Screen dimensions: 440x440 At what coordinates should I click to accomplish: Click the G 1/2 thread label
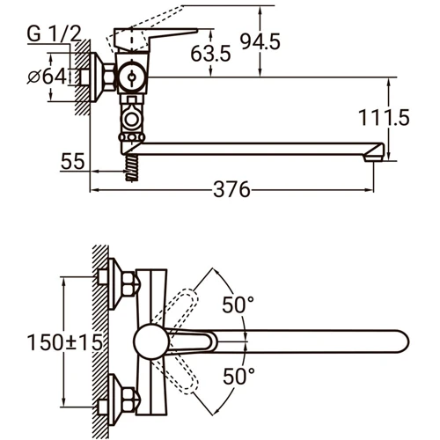[x=54, y=34]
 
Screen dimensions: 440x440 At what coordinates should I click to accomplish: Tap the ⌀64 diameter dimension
[x=48, y=77]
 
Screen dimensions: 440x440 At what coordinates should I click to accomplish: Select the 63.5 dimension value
[x=210, y=54]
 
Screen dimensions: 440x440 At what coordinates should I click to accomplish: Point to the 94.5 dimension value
[x=260, y=41]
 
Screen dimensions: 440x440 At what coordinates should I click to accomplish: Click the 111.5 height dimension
[x=384, y=118]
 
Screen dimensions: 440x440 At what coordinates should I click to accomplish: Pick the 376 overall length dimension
[x=231, y=190]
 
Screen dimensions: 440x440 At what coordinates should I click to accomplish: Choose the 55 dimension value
[x=73, y=161]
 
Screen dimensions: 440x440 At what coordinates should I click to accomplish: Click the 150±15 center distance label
[x=65, y=342]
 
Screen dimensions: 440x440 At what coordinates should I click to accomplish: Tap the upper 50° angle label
[x=238, y=304]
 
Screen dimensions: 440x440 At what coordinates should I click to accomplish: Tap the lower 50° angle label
[x=238, y=377]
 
